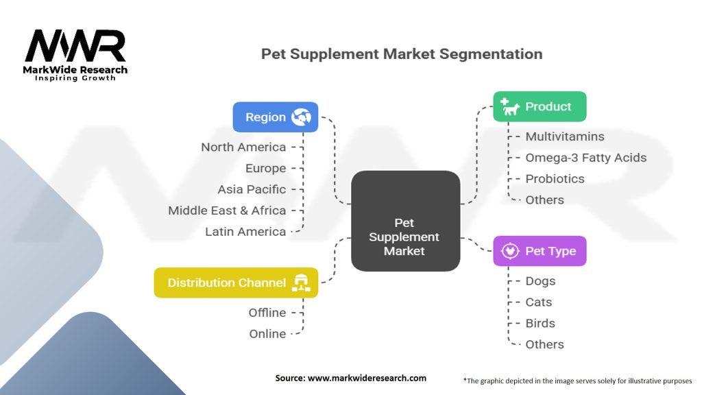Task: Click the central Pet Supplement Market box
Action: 404,220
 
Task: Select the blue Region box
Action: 275,117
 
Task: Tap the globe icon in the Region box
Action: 301,117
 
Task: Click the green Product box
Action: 540,106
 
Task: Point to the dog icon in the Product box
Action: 510,106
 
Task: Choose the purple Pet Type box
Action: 540,251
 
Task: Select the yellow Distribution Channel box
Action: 236,283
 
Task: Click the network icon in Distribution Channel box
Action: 301,283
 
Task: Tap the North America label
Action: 243,147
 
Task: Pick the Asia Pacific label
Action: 252,189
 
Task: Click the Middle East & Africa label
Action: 227,211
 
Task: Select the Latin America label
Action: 245,232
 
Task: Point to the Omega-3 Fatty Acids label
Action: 585,158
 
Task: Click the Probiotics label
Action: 555,179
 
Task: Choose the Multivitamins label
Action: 565,136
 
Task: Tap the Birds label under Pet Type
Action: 540,323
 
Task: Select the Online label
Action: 267,334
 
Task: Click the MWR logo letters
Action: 75,46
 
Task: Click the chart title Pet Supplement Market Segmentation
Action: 402,53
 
